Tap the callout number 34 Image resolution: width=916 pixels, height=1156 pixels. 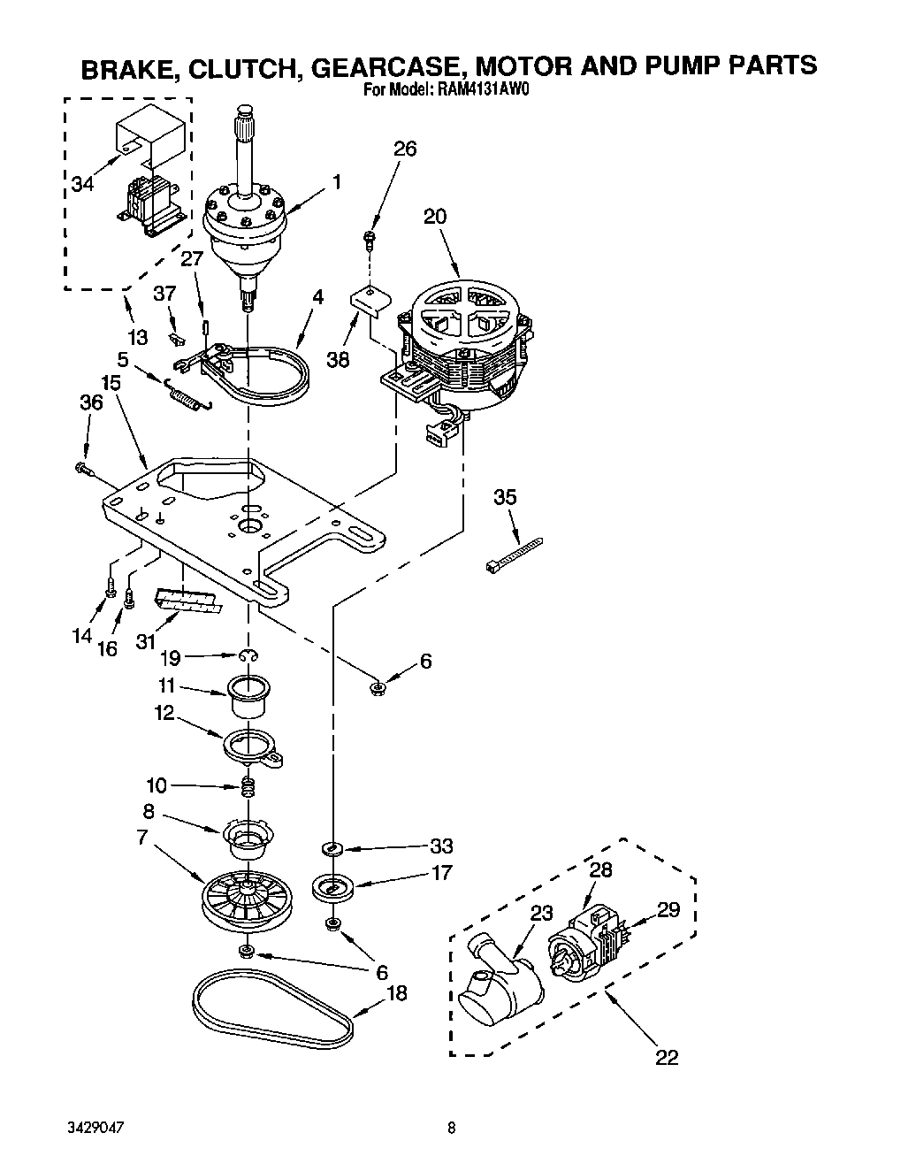click(x=82, y=184)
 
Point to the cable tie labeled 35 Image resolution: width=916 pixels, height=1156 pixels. click(x=514, y=555)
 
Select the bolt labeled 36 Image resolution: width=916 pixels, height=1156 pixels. click(x=81, y=466)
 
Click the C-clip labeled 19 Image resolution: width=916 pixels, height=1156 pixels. click(x=250, y=655)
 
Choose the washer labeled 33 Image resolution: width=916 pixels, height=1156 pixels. click(x=332, y=849)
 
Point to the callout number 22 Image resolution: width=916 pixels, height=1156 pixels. click(x=667, y=1056)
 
